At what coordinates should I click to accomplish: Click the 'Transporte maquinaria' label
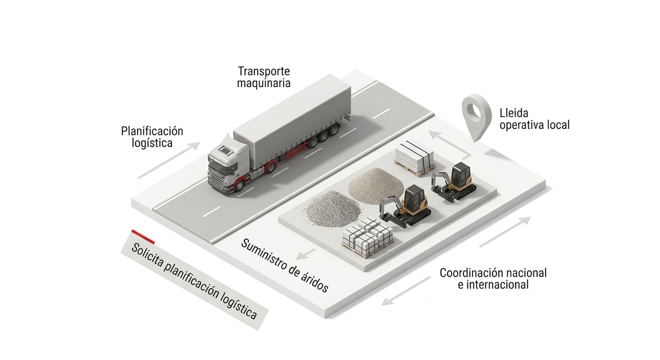(x=264, y=77)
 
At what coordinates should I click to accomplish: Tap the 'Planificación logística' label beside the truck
(x=152, y=136)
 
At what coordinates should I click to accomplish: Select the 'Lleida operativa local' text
(x=534, y=119)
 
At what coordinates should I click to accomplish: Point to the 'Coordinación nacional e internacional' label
(x=493, y=278)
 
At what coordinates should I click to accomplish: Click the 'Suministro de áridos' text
(x=285, y=265)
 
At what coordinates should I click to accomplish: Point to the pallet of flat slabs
(x=414, y=157)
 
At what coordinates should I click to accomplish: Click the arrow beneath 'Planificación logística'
(x=169, y=160)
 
